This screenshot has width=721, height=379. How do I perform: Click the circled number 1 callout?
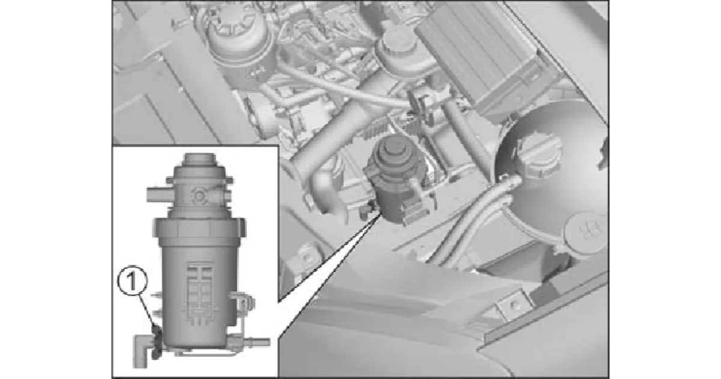[x=132, y=280]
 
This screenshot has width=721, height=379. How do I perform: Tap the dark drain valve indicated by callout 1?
[x=156, y=342]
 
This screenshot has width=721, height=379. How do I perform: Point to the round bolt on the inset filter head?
[x=199, y=196]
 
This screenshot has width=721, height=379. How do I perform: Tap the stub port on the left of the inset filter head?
[x=159, y=195]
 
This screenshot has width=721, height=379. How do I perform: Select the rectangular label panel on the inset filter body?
[x=200, y=292]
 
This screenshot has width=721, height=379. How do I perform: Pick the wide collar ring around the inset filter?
[x=199, y=228]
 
